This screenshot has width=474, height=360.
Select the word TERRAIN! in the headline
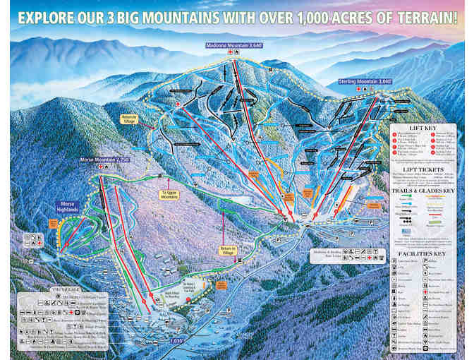tap(430, 13)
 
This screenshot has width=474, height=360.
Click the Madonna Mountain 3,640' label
tap(234, 45)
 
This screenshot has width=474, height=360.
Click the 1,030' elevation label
tap(178, 340)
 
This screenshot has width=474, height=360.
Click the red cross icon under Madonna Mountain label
tap(230, 53)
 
